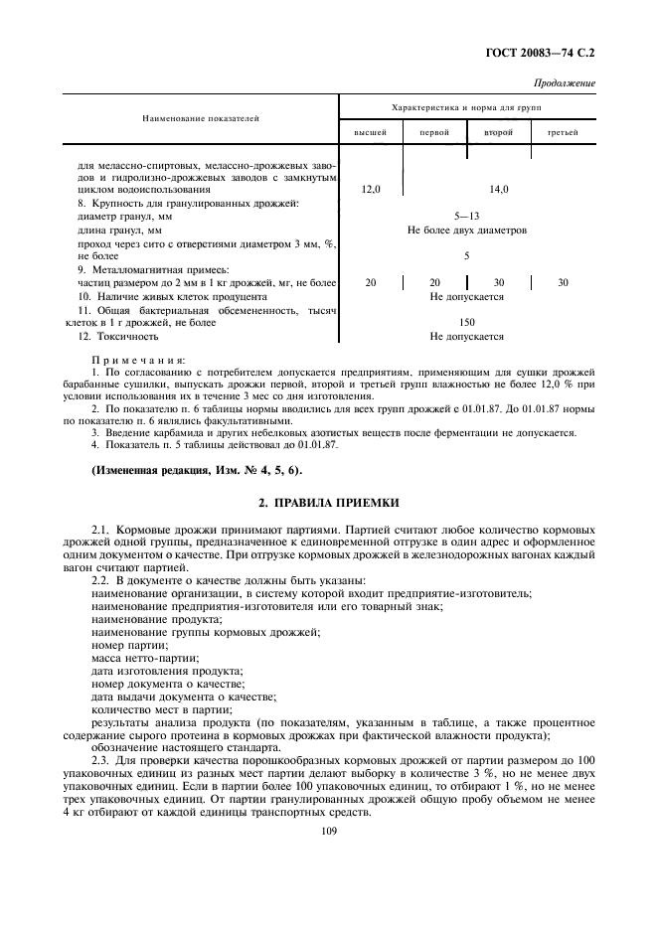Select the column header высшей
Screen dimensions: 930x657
[371, 132]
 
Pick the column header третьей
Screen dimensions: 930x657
[563, 132]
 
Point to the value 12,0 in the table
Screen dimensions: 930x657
[371, 188]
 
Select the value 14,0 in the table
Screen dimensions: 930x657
[498, 188]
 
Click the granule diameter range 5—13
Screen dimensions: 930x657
[466, 215]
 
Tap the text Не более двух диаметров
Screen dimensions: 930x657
[466, 230]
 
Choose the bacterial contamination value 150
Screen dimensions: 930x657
[466, 322]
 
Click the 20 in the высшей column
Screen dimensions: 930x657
[371, 283]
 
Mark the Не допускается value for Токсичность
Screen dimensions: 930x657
[466, 336]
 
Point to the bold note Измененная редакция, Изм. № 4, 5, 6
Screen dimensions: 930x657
[198, 470]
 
